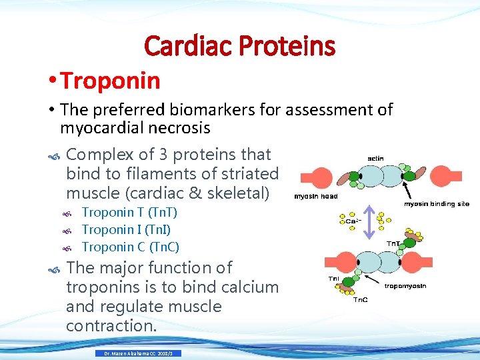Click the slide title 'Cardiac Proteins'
pos(239,46)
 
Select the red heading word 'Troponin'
pos(110,81)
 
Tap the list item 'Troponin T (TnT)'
pos(129,213)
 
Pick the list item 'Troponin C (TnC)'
pos(130,247)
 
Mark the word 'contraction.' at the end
pos(111,326)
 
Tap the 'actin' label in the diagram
pos(375,158)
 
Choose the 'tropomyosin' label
pos(405,285)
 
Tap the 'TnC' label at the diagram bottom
pos(360,300)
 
